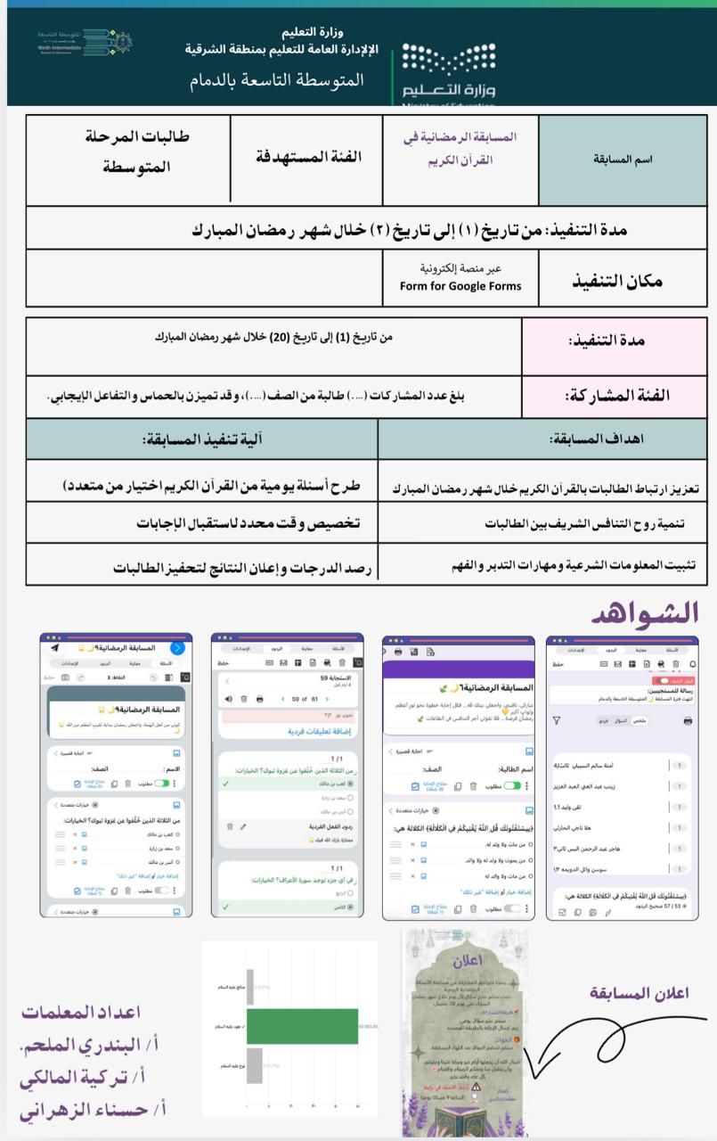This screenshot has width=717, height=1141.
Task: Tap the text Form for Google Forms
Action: pyautogui.click(x=460, y=286)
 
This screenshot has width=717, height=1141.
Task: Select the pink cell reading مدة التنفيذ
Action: pyautogui.click(x=614, y=341)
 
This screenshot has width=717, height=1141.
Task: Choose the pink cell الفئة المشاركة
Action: pyautogui.click(x=614, y=395)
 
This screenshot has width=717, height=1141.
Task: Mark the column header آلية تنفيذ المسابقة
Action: pyautogui.click(x=201, y=439)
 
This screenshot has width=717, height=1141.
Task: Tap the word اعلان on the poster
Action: pyautogui.click(x=465, y=962)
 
